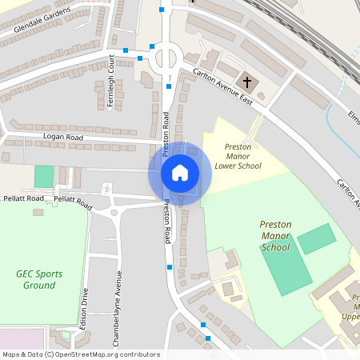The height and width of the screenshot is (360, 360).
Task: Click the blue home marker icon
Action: click(180, 172)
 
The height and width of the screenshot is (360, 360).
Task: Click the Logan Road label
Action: click(64, 138)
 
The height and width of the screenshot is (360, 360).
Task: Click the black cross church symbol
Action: click(247, 82)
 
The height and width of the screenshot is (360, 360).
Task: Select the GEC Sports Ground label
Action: click(39, 279)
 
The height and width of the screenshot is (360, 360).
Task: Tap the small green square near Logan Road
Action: click(44, 177)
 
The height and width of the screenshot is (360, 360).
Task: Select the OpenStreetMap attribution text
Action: click(80, 354)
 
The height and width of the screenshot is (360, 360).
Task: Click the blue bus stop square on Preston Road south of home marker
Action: click(170, 266)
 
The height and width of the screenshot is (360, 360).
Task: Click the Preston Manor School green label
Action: click(276, 236)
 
